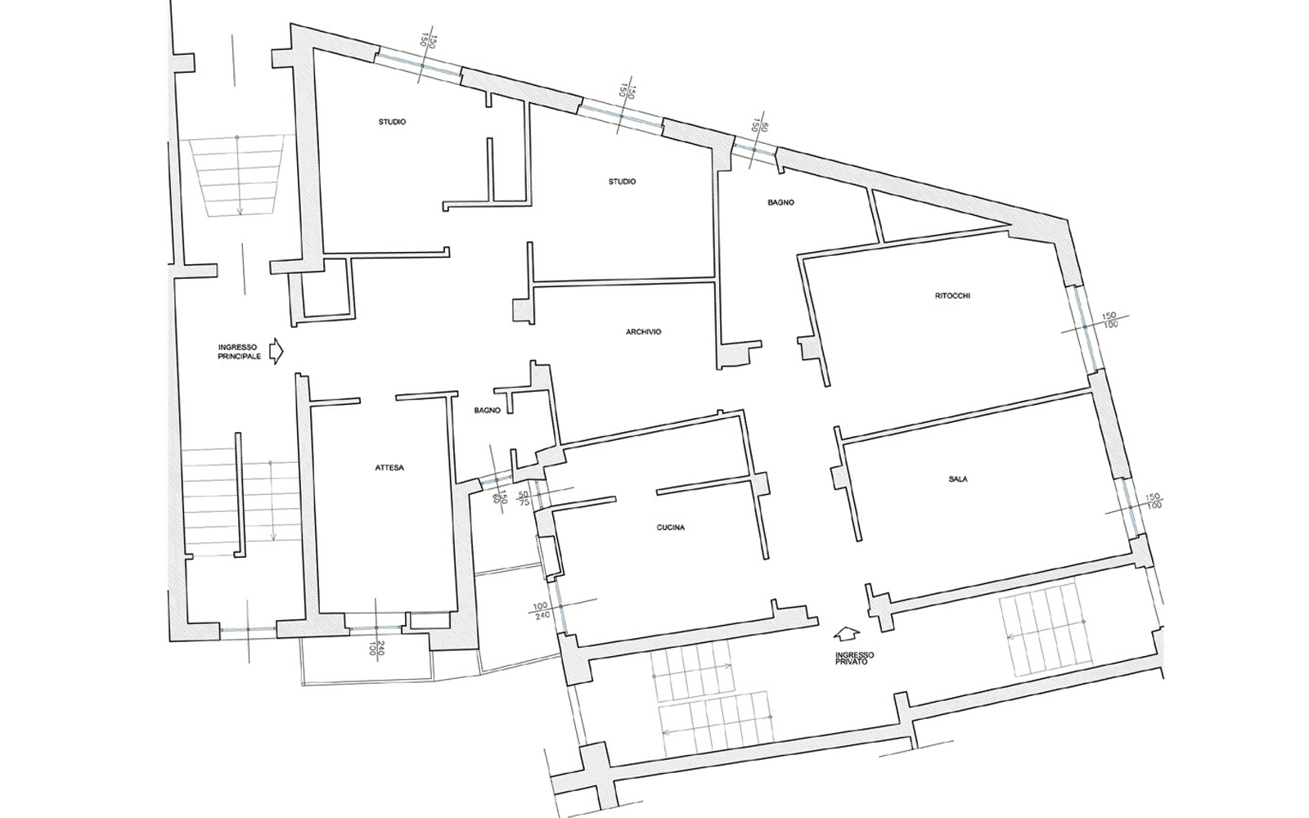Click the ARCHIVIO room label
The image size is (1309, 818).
[x=643, y=332]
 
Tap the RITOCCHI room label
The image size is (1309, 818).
[x=952, y=295]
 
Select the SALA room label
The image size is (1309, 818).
[x=958, y=479]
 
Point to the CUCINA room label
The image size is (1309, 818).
[x=670, y=528]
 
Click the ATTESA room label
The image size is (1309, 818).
[x=389, y=467]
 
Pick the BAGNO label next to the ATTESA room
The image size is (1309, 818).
[x=488, y=410]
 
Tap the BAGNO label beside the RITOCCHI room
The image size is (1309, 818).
[x=780, y=203]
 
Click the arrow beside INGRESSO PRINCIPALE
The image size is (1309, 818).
[x=276, y=351]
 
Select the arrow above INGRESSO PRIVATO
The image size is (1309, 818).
[x=847, y=635]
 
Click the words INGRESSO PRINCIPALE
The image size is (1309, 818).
[x=240, y=352]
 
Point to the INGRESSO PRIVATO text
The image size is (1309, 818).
[x=854, y=658]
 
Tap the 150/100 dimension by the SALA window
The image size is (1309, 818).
[x=1153, y=501]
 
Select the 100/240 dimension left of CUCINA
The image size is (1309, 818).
[x=541, y=610]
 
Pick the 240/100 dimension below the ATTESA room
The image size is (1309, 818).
[x=376, y=649]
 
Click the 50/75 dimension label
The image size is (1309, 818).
[x=524, y=498]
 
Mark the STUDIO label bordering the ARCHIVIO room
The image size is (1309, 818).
[x=622, y=182]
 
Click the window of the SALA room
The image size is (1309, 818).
[x=1130, y=507]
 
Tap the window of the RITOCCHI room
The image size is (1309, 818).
[x=1085, y=328]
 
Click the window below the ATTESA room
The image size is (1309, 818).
[x=376, y=628]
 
